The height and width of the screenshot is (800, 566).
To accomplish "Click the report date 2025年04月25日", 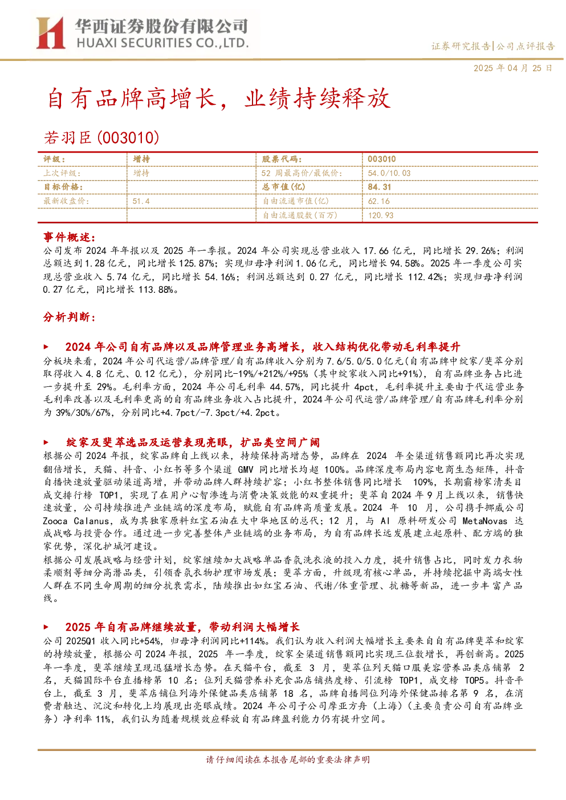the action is (x=513, y=68).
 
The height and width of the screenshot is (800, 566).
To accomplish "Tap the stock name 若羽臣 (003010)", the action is (x=101, y=137).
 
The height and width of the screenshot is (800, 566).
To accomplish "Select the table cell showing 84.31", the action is (x=380, y=187).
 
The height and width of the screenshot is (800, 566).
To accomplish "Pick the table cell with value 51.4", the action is (x=141, y=201).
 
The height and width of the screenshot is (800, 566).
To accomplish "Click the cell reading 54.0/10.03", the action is (x=389, y=173).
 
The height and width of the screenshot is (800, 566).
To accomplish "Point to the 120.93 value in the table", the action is (x=381, y=215).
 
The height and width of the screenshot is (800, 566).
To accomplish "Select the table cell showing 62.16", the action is (x=379, y=201).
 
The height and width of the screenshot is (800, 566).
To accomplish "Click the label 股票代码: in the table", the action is (x=282, y=160).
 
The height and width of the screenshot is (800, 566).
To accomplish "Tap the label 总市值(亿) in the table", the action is (x=284, y=187).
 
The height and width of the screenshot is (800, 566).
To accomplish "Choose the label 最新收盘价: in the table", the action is (x=66, y=201).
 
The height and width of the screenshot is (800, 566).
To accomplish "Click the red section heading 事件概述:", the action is (x=70, y=237).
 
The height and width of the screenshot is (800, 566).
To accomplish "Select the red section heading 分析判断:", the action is (x=70, y=317).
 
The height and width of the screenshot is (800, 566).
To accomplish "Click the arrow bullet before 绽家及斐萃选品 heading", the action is (x=46, y=442).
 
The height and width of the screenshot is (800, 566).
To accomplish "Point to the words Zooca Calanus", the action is (x=76, y=521).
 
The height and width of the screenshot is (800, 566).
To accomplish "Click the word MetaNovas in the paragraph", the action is (x=484, y=521).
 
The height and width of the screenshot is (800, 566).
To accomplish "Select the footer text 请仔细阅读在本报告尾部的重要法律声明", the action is (x=288, y=760).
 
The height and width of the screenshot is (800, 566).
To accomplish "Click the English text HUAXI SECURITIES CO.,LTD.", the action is (x=162, y=43).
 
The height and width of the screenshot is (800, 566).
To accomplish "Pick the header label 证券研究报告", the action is (x=461, y=46).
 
